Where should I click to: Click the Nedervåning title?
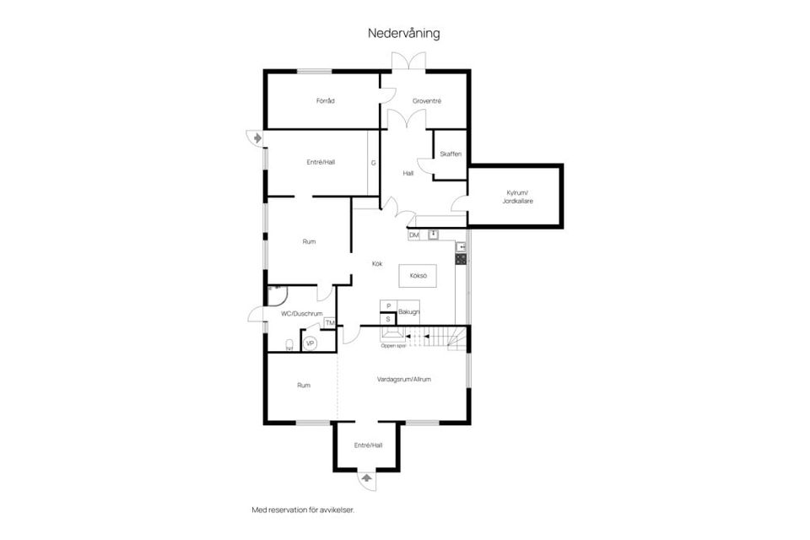[x=404, y=34]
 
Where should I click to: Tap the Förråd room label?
[x=325, y=101]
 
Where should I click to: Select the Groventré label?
[x=427, y=101]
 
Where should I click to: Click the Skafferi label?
[x=451, y=154]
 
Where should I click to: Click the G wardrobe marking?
[x=372, y=162]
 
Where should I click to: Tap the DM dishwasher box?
[x=413, y=235]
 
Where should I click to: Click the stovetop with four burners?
[x=462, y=259]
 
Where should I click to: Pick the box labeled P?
[x=388, y=306]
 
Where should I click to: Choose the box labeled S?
[x=388, y=319]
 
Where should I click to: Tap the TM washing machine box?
[x=329, y=323]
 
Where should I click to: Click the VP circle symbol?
[x=310, y=343]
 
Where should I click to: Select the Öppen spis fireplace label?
[x=393, y=345]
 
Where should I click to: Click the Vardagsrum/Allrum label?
[x=403, y=380]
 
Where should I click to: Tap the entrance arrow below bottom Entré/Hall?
[x=366, y=478]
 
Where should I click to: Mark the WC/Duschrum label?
[x=302, y=313]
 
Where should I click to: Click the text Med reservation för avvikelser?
[x=302, y=510]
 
